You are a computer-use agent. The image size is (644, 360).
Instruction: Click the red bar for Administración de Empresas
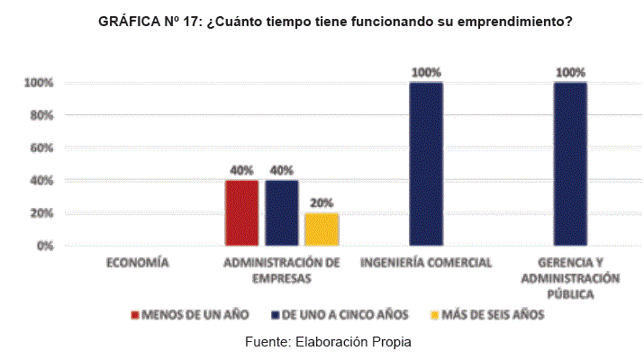pos(241,212)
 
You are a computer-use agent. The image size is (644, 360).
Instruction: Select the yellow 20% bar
pos(322,229)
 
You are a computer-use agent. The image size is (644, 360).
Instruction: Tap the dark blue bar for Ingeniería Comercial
pos(426,163)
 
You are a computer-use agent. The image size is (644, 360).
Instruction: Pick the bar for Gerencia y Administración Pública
pos(570,163)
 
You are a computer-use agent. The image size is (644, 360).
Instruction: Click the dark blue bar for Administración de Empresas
pos(282,212)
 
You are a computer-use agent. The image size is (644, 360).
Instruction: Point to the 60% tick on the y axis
pos(43,148)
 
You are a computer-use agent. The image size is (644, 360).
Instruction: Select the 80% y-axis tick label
pos(43,115)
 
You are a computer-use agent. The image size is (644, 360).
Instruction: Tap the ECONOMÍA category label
pos(137,263)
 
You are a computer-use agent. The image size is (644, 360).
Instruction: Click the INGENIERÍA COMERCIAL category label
pos(425,263)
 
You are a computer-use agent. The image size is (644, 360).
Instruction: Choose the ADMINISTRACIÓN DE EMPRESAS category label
pos(281,270)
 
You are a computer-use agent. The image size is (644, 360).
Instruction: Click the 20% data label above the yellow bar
pos(322,202)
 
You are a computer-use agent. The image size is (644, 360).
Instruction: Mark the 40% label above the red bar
pos(241,170)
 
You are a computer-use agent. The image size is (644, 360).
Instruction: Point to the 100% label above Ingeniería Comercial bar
pos(426,72)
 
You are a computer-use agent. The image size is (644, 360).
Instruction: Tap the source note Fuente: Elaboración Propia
pos(327,342)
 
